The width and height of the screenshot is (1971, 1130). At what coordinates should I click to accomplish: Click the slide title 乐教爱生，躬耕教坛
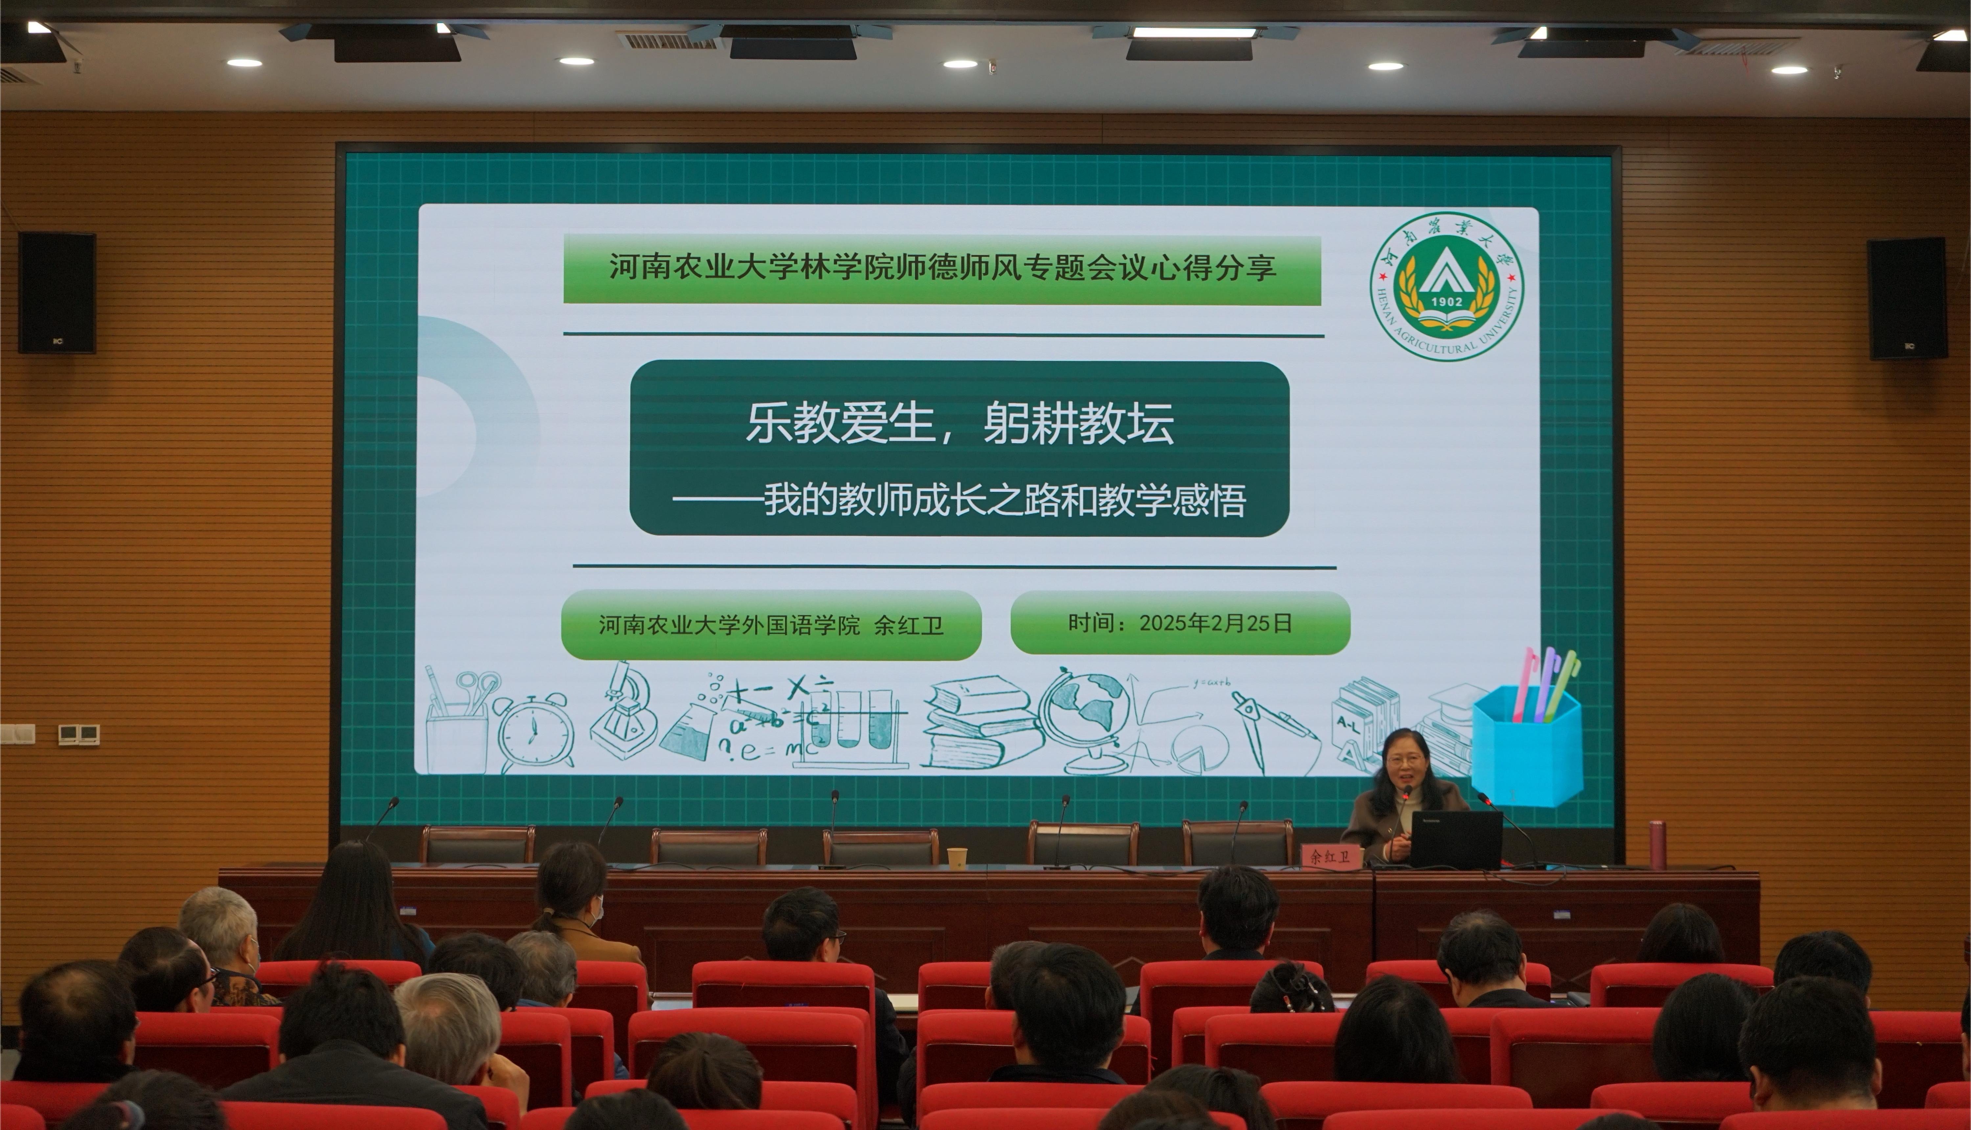pyautogui.click(x=960, y=424)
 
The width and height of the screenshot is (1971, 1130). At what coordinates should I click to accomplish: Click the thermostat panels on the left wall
pyautogui.click(x=79, y=734)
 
